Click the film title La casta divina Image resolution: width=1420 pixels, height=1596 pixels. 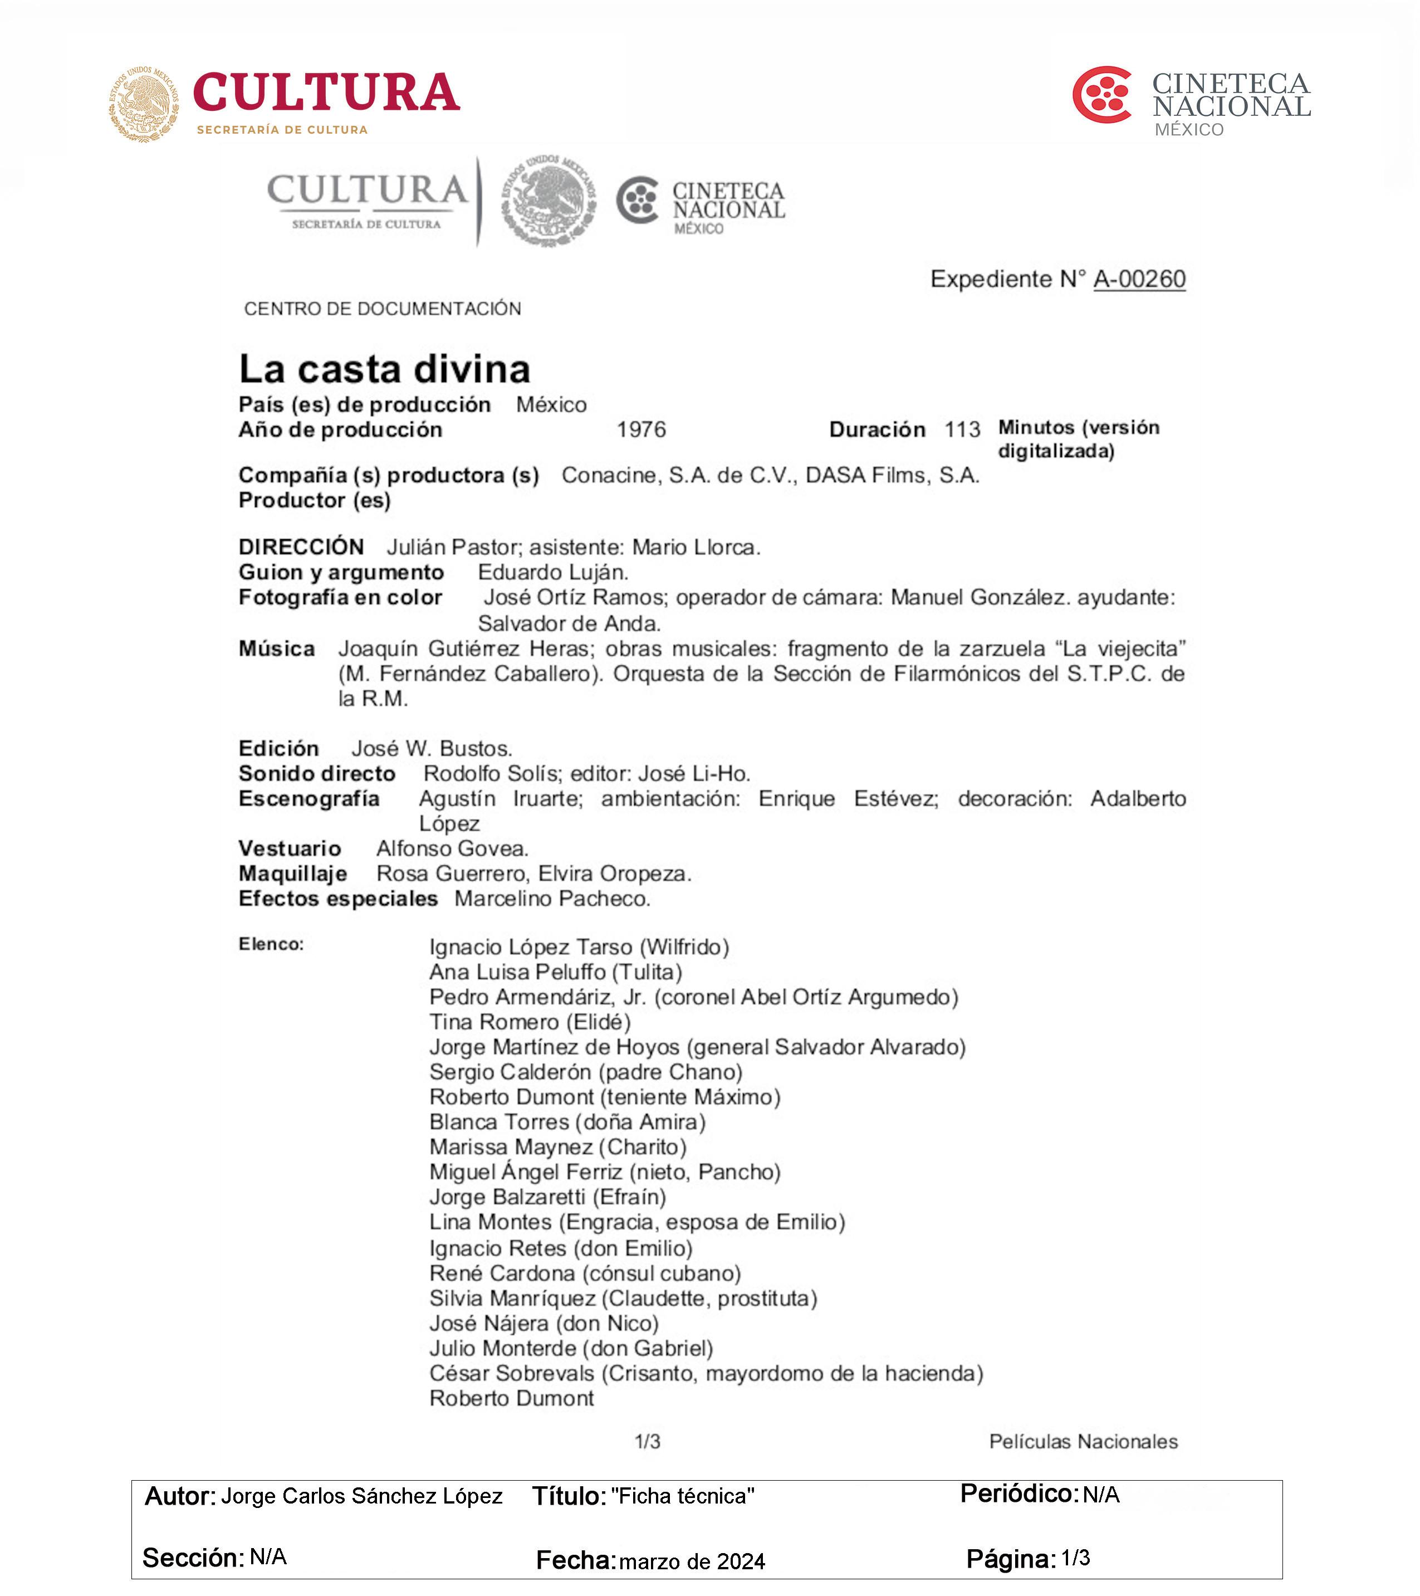tap(384, 369)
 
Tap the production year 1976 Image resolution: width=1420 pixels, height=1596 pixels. tap(641, 429)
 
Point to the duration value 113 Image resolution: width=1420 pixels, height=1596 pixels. tap(962, 429)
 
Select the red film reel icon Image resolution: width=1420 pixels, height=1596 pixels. tap(1102, 95)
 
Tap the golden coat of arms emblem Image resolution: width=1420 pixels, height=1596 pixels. tap(144, 104)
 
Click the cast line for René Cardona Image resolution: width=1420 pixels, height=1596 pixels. tap(585, 1273)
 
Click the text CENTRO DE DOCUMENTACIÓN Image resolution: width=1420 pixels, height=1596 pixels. tap(383, 309)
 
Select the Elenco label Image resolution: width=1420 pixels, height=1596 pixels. tap(271, 944)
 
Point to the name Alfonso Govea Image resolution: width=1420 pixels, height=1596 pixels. tap(452, 849)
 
